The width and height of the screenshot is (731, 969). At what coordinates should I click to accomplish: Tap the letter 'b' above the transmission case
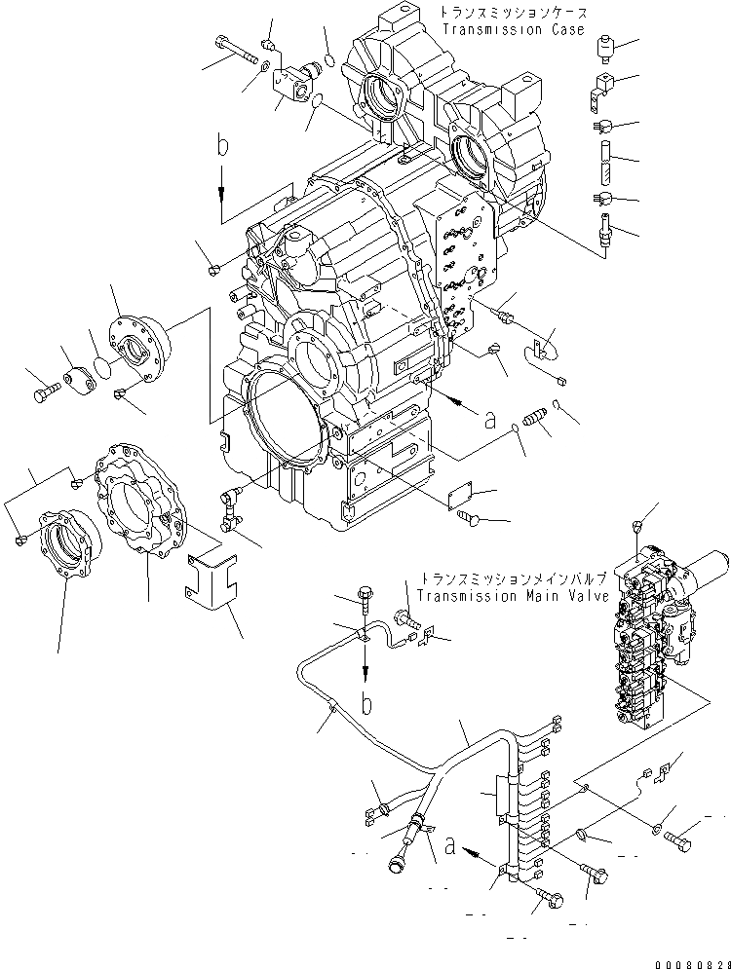coord(224,147)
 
